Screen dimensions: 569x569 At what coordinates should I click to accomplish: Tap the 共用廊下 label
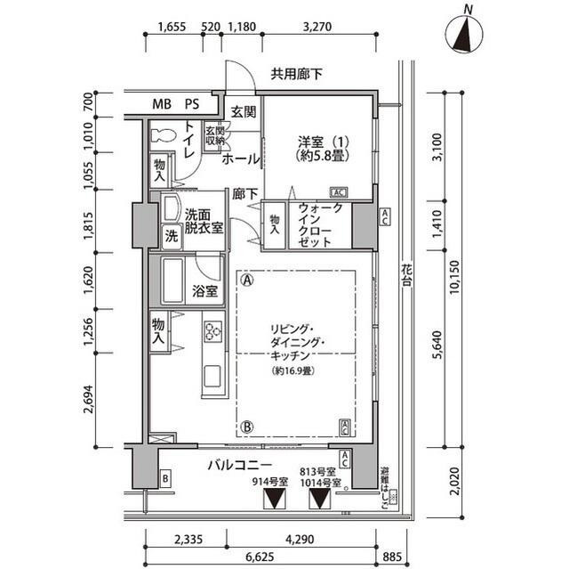(297, 75)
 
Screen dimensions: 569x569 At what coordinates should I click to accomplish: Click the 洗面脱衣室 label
(204, 221)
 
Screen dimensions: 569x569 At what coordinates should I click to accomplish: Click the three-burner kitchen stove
(213, 332)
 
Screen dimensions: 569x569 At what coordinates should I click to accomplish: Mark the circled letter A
(246, 279)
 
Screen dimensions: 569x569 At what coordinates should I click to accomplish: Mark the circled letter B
(246, 427)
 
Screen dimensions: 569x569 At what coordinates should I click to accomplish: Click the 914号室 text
(270, 482)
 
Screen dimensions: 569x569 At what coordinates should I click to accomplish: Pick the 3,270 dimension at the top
(317, 27)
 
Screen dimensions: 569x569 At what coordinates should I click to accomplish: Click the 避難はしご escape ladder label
(385, 485)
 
